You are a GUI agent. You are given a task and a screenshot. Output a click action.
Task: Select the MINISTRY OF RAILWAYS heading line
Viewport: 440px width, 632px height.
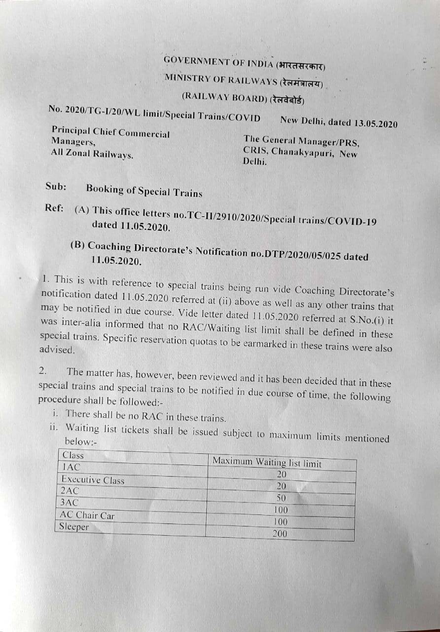(244, 80)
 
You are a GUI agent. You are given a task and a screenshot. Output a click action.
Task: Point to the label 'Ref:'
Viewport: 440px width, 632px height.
(54, 207)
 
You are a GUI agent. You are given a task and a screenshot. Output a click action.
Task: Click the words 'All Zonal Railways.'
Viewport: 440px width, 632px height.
(92, 154)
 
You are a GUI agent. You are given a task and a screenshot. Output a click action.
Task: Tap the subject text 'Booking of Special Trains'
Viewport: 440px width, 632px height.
(144, 191)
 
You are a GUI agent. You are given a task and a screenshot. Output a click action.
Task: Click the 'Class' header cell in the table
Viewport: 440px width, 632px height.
(73, 455)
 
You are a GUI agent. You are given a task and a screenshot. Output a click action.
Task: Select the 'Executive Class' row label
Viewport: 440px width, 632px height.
(93, 479)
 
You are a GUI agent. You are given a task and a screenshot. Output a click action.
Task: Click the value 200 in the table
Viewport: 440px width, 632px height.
(279, 534)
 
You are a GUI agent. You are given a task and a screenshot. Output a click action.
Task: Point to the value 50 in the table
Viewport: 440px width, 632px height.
(281, 498)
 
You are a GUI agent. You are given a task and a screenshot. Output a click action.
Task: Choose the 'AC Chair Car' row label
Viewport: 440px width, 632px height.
(87, 515)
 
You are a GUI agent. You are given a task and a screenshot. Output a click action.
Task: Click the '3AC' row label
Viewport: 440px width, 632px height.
(69, 503)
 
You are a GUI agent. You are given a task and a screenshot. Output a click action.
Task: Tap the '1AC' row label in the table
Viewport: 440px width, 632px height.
(70, 467)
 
